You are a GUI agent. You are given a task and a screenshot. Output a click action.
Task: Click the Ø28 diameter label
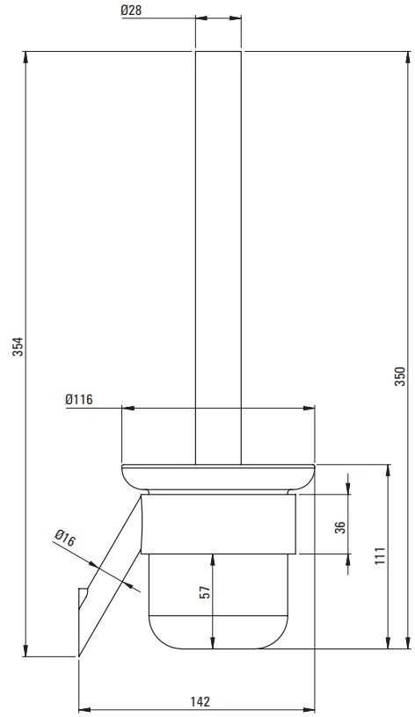(131, 11)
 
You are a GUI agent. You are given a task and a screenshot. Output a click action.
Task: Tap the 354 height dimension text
(18, 347)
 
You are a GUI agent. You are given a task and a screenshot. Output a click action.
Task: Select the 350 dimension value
(400, 376)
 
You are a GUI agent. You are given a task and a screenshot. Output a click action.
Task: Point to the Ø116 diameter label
(79, 399)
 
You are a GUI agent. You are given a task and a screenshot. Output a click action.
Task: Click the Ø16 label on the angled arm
(64, 539)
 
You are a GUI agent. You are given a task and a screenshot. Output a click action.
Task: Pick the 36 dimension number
(340, 527)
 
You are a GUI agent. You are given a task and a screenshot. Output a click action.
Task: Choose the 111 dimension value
(380, 555)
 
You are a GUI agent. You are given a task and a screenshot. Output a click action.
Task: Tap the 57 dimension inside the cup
(206, 592)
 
